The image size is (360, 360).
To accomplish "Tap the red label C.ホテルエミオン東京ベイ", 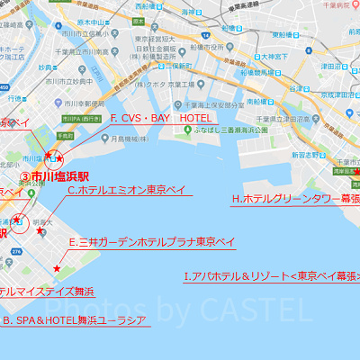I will [127, 190].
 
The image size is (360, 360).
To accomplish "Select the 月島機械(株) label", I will [131, 139].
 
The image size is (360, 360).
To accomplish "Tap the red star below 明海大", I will [58, 268].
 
